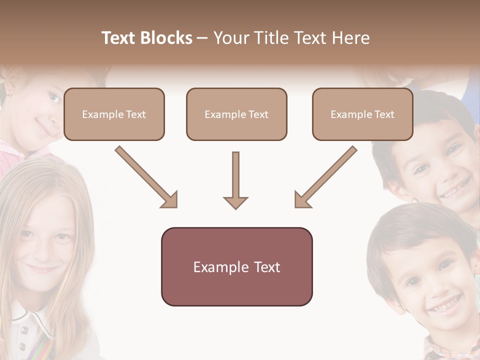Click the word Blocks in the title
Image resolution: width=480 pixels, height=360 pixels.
166,38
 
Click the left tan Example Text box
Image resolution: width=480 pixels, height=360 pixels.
114,114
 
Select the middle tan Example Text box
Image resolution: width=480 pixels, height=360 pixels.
236,114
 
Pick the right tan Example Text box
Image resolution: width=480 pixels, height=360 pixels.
362,114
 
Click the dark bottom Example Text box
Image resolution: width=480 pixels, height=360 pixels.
236,266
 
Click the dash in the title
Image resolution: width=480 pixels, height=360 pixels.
202,38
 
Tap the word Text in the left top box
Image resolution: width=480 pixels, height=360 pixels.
136,114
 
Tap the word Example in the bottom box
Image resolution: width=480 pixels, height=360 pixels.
221,267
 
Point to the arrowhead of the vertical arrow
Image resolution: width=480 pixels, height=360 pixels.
235,202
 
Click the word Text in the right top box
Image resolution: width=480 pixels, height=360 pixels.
384,114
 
